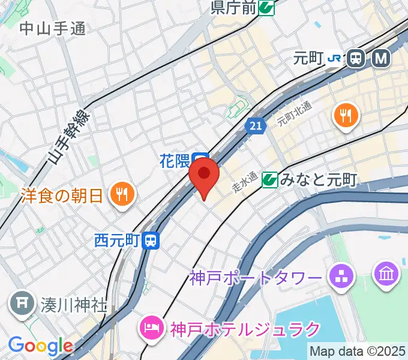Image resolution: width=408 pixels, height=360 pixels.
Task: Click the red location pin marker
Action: (x=204, y=175)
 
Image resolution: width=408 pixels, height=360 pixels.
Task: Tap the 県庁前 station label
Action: (x=234, y=7)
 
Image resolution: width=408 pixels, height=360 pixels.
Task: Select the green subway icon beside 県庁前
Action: (x=268, y=7)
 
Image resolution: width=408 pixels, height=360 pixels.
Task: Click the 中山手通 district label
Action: (x=53, y=28)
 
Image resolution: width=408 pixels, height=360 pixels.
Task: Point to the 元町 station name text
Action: (x=308, y=58)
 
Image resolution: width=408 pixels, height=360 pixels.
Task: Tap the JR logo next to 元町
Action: (x=335, y=58)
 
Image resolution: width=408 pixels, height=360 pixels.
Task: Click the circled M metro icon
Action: (x=381, y=58)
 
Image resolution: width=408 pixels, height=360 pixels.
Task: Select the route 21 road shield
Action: (x=255, y=125)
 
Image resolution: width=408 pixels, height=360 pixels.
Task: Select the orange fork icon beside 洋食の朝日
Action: (x=123, y=194)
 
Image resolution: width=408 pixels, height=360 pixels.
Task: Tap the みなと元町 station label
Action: (x=319, y=179)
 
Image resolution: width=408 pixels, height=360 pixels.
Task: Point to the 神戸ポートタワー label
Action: (x=256, y=278)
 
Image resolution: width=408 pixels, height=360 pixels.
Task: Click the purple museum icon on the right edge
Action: (x=386, y=274)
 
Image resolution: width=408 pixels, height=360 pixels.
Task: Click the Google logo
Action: (x=40, y=346)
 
